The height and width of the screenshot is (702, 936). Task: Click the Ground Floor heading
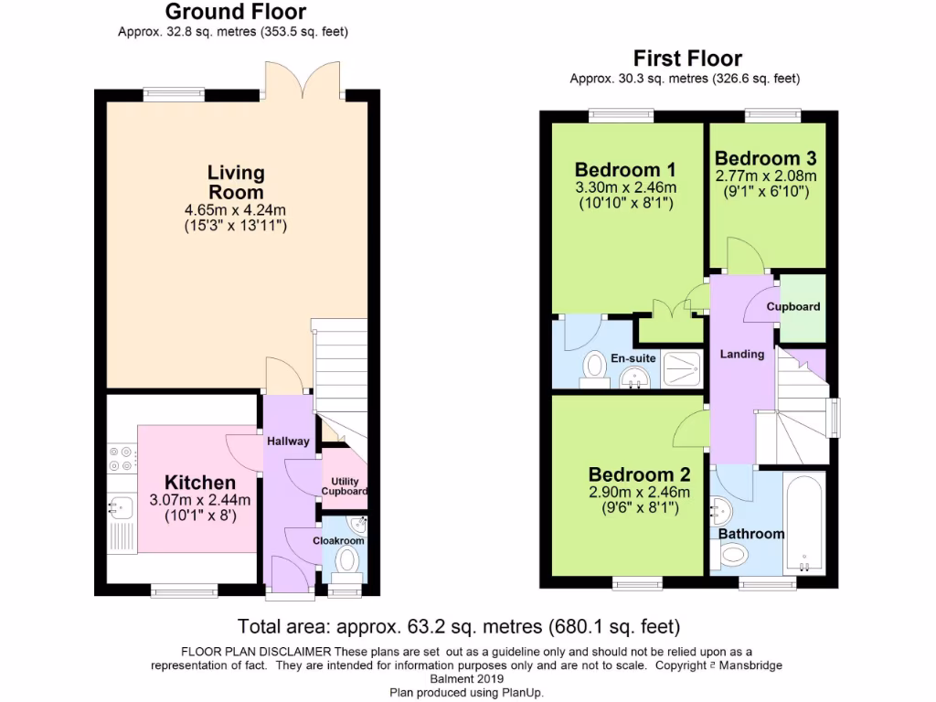pyautogui.click(x=235, y=12)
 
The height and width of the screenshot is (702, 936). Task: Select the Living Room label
pyautogui.click(x=236, y=182)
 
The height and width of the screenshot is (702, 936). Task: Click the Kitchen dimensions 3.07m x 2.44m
pyautogui.click(x=199, y=500)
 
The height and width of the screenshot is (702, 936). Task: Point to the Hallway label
pyautogui.click(x=288, y=441)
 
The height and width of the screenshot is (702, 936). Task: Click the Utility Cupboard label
pyautogui.click(x=345, y=486)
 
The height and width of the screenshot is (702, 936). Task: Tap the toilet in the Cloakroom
pyautogui.click(x=347, y=560)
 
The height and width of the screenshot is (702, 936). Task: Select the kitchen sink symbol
pyautogui.click(x=119, y=505)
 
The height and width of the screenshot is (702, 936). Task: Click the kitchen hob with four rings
pyautogui.click(x=121, y=457)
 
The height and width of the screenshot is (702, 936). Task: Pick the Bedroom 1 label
pyautogui.click(x=625, y=170)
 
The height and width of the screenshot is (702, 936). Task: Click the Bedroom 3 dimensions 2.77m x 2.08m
pyautogui.click(x=766, y=175)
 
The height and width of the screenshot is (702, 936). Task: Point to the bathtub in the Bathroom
pyautogui.click(x=805, y=524)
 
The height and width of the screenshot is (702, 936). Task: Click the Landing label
pyautogui.click(x=741, y=354)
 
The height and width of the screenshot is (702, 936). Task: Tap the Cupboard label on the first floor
pyautogui.click(x=793, y=307)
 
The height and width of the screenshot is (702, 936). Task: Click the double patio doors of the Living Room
pyautogui.click(x=303, y=80)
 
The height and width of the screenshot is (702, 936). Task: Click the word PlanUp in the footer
pyautogui.click(x=521, y=692)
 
